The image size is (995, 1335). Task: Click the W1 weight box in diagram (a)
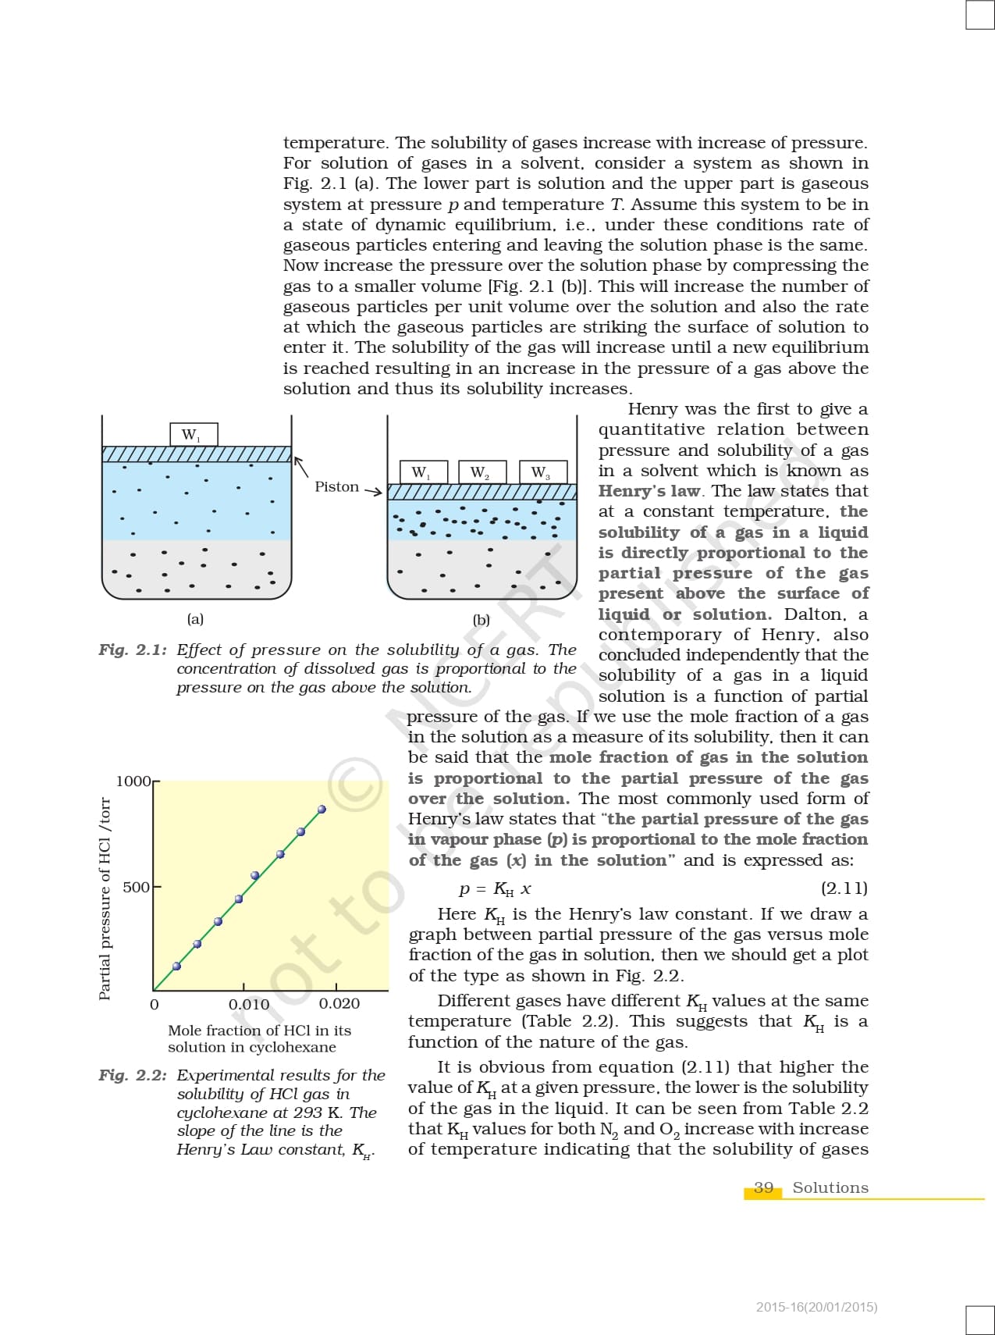pos(194,435)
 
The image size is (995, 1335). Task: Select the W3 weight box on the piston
pos(542,472)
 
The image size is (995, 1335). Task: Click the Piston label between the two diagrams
pos(337,486)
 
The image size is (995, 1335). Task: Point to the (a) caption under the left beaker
pos(195,619)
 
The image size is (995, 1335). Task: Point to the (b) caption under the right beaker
pos(482,620)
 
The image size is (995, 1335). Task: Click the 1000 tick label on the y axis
pos(133,781)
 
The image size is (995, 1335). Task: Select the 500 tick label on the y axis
pos(136,887)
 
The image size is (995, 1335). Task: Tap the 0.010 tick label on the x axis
pos(249,1004)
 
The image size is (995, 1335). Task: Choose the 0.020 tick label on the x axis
pos(339,1004)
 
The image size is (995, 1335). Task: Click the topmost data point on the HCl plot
pos(322,810)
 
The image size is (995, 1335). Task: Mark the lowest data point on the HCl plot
pos(176,966)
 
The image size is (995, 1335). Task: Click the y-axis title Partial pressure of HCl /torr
pos(105,898)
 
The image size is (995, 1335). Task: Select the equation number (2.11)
pos(844,888)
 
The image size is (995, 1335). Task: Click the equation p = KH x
pos(495,889)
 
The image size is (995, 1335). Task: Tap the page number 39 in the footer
pos(763,1187)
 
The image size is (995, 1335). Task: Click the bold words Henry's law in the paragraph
pos(650,491)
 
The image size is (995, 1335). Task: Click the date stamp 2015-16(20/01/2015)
pos(816,1306)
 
